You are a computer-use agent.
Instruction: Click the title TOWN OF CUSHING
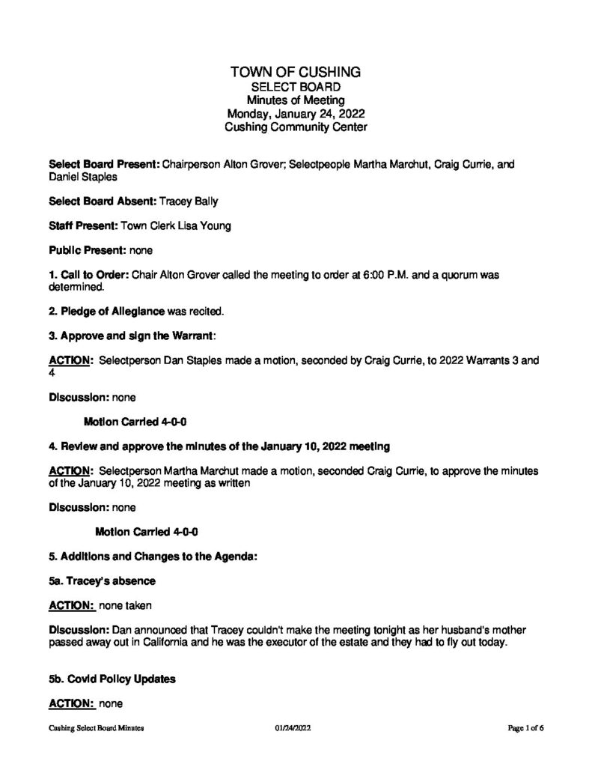click(x=296, y=72)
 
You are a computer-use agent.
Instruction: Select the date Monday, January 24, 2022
click(x=296, y=114)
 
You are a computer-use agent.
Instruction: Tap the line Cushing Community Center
click(x=296, y=128)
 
